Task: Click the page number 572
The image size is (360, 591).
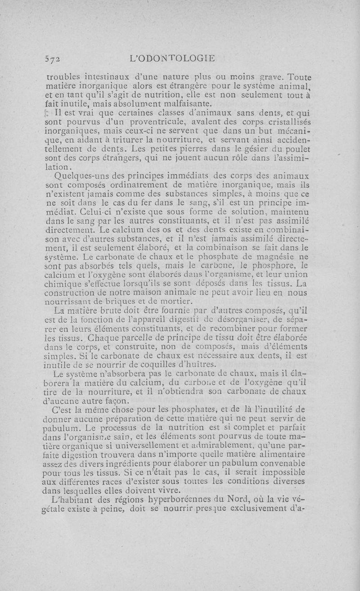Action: tap(53, 58)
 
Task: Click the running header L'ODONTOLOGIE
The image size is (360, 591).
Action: tap(172, 58)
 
